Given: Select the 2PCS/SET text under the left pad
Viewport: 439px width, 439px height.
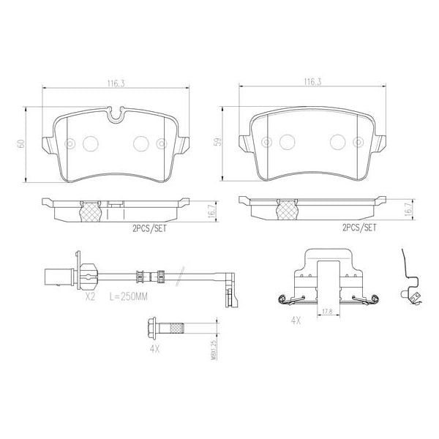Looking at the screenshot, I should click(149, 228).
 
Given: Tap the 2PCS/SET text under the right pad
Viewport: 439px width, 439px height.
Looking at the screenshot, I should click(359, 228).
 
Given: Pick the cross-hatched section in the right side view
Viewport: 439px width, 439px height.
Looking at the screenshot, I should click(286, 211).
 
